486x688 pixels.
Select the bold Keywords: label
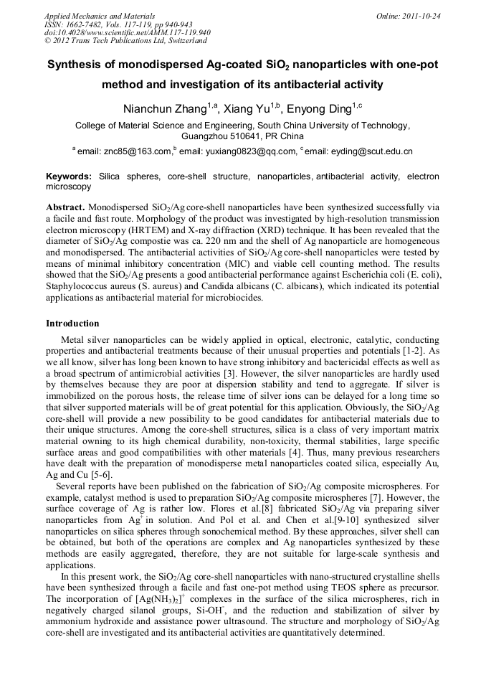pos(69,176)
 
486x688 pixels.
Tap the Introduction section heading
pos(72,324)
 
